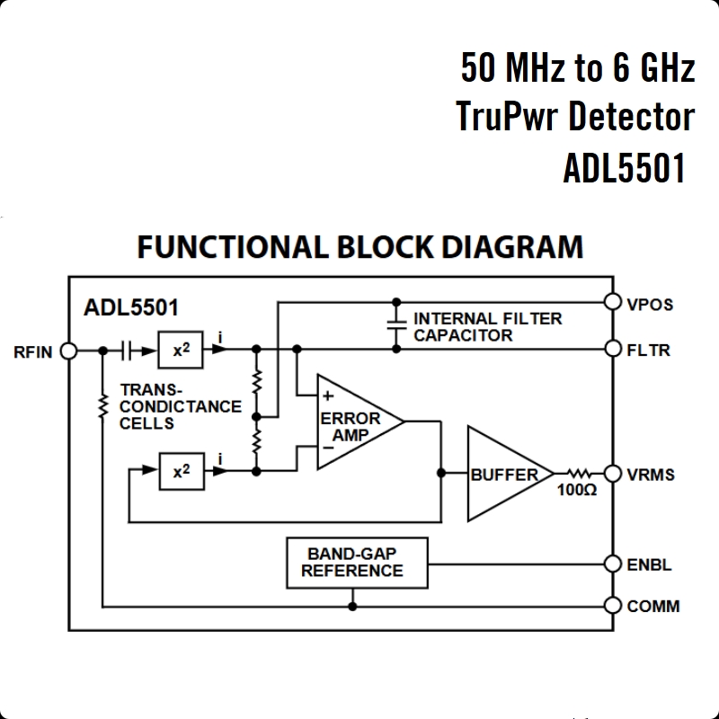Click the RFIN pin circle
coord(68,351)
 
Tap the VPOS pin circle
coord(614,302)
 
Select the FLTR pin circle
coord(614,349)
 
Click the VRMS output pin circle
coord(614,474)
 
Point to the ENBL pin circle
coord(614,564)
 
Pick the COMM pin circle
coord(614,606)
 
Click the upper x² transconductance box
coord(182,350)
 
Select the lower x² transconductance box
coord(182,471)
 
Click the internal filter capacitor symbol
coord(395,325)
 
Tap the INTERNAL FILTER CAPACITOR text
coord(487,326)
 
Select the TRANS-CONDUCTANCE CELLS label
coord(180,406)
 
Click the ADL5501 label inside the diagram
coord(131,306)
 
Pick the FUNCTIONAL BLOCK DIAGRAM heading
coord(359,246)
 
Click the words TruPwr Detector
coord(575,117)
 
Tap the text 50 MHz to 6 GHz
coord(578,67)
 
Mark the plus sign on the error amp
coord(327,395)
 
